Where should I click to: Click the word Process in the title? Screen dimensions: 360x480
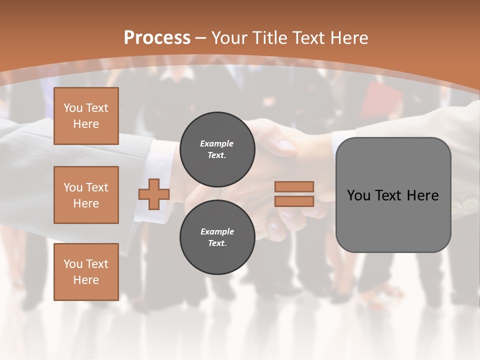pos(157,37)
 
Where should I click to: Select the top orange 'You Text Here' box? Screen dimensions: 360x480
pos(86,116)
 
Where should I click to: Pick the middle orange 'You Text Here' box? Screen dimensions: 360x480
pos(86,195)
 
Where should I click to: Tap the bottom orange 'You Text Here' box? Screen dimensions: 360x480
pos(86,271)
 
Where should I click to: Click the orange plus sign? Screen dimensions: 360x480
pos(154,194)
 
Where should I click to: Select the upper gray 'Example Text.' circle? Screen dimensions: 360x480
pos(217,149)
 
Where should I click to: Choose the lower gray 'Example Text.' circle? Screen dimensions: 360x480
pos(217,237)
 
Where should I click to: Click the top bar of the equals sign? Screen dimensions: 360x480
pos(294,186)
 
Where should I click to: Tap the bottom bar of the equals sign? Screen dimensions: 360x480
pos(294,201)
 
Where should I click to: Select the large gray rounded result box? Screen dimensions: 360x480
pos(393,194)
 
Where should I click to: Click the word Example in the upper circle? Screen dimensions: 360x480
pos(217,143)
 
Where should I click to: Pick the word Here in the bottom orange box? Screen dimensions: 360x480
pos(86,280)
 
